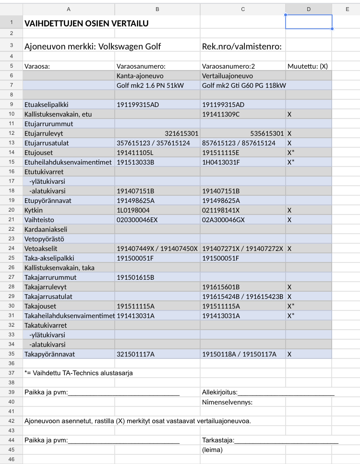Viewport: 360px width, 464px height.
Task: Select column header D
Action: (308, 9)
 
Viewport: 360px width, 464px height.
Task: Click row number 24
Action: (11, 249)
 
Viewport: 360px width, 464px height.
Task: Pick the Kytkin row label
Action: (34, 210)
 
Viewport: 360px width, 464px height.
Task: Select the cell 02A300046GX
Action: (224, 220)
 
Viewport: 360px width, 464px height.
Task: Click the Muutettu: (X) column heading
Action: (307, 66)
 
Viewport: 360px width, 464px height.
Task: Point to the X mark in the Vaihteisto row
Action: (289, 220)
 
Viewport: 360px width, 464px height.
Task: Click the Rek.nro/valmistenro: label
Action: (242, 47)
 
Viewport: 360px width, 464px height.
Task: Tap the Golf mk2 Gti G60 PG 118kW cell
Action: (244, 85)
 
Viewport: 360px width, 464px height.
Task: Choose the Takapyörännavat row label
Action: (48, 354)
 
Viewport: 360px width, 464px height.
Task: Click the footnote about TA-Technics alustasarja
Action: (78, 373)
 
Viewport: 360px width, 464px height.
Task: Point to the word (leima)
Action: (213, 450)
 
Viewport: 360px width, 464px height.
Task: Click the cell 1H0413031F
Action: (221, 162)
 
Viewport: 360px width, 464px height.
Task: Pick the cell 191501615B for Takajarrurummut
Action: (135, 277)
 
